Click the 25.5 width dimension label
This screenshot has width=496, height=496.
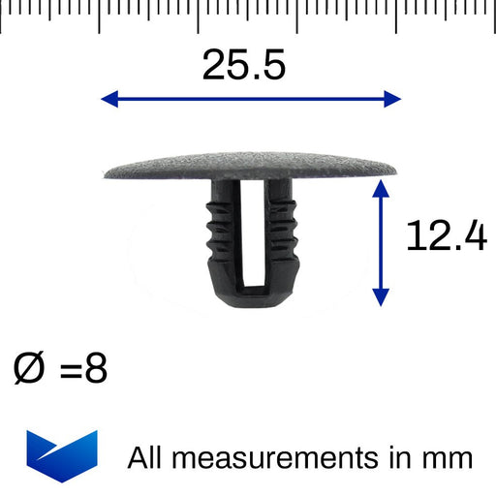point(244,65)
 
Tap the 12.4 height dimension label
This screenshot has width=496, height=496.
point(447,235)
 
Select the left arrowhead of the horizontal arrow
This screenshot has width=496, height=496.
point(109,99)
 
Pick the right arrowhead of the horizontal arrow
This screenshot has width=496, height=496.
point(392,99)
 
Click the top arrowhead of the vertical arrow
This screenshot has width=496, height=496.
point(381,189)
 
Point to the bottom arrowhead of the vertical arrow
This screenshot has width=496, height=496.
point(381,297)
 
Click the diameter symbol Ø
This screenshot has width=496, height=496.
point(28,368)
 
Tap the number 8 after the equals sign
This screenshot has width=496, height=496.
point(96,368)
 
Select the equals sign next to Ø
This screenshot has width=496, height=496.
point(71,370)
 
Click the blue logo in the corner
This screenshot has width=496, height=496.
point(62,456)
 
